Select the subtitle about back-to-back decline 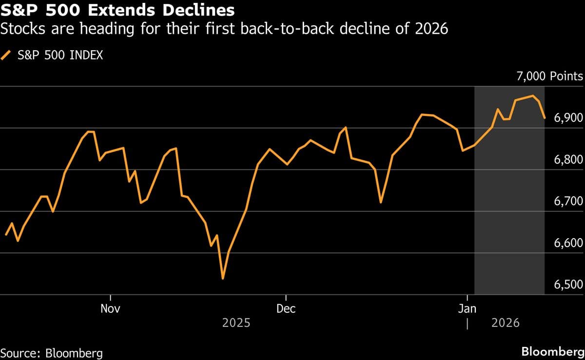[x=224, y=29]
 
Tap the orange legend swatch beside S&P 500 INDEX [x=7, y=55]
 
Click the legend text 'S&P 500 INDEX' [x=60, y=55]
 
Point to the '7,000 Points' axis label [x=550, y=76]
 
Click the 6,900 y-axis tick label [x=568, y=118]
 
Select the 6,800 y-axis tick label [x=568, y=160]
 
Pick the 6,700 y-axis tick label [x=568, y=202]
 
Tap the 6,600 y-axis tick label [x=568, y=243]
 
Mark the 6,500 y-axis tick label [x=568, y=284]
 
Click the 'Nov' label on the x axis [x=111, y=308]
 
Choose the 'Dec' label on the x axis [x=286, y=308]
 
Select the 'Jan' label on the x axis [x=468, y=308]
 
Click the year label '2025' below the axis [x=236, y=322]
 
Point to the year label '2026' [x=506, y=322]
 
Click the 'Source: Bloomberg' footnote [x=52, y=353]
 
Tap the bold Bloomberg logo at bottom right [x=552, y=352]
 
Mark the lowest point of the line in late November [x=223, y=279]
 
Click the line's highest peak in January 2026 [x=533, y=95]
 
